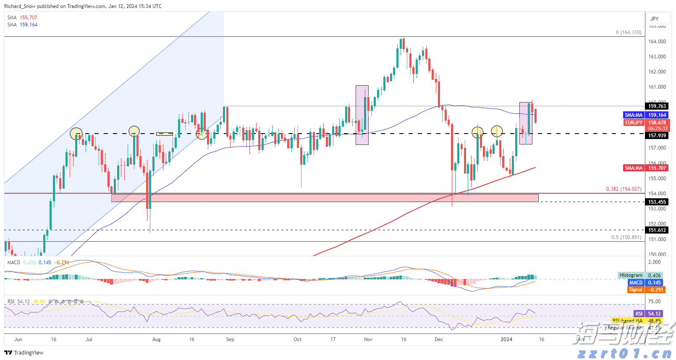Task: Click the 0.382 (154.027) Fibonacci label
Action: tap(624, 189)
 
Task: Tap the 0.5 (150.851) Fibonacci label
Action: tap(626, 237)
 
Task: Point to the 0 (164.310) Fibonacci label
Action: tap(629, 32)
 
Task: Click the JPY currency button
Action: tap(655, 19)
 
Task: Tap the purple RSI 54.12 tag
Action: tap(654, 314)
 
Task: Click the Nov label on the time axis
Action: tap(368, 339)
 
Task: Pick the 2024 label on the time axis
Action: tap(506, 339)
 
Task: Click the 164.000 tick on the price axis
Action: tap(657, 42)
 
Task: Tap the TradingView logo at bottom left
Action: tap(24, 353)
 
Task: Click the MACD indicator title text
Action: tap(14, 263)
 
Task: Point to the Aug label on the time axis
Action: tap(156, 339)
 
